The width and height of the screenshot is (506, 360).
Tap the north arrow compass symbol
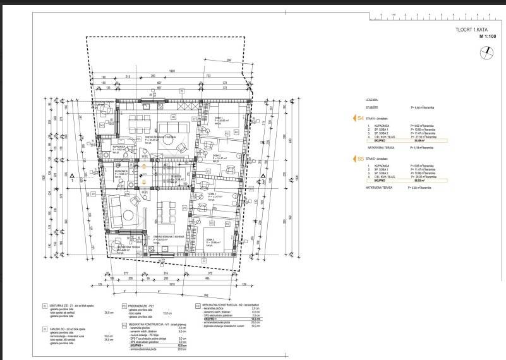(486, 54)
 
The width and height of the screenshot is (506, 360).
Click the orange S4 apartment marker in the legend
(360, 117)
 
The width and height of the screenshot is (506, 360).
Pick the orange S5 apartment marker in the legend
(360, 160)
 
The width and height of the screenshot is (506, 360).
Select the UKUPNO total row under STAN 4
(382, 140)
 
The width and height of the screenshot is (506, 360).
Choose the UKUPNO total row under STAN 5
(382, 181)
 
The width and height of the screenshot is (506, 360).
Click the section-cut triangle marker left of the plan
(73, 176)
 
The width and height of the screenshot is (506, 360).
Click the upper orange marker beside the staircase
(144, 165)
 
